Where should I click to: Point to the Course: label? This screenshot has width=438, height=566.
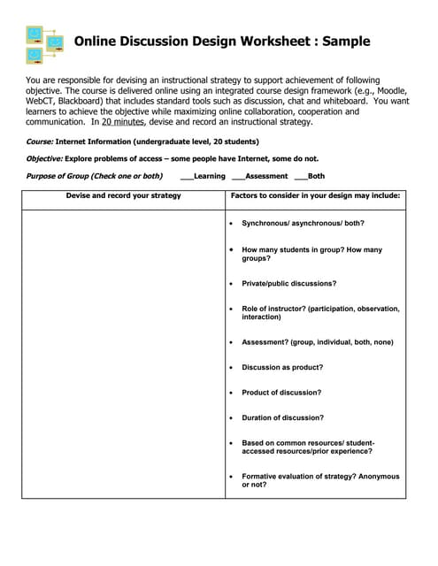40,141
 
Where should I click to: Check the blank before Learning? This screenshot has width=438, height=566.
186,176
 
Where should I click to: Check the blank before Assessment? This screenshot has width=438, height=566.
237,176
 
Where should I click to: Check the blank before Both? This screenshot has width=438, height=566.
300,176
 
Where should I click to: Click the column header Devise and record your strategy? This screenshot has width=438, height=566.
123,195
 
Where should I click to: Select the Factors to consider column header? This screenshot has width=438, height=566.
315,195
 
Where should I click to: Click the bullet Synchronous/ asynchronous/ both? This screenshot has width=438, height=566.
303,223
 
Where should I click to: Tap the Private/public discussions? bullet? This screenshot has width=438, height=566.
288,284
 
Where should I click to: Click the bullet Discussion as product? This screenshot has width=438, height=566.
282,367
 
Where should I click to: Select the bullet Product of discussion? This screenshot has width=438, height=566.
281,393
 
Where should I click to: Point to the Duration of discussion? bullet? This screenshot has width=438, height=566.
282,417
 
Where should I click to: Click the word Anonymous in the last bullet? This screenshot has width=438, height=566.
379,476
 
